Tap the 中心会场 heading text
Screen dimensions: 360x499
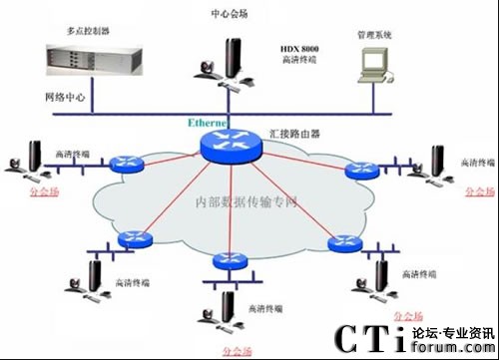coord(231,13)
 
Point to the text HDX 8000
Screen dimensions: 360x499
coord(302,47)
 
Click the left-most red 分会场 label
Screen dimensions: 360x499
coord(33,189)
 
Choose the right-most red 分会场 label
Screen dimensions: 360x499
coord(480,189)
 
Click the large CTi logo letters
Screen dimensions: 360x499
coord(368,337)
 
